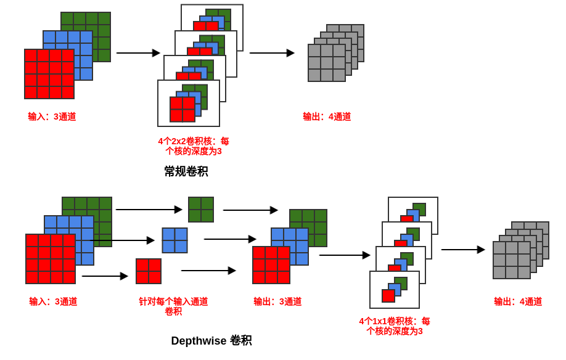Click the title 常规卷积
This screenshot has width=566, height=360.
pyautogui.click(x=186, y=171)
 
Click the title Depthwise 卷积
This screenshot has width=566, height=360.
pyautogui.click(x=211, y=341)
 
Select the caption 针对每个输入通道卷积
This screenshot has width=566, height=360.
pyautogui.click(x=173, y=306)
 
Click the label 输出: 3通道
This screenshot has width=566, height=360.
pyautogui.click(x=277, y=301)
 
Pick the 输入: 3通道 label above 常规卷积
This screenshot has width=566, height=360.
pyautogui.click(x=52, y=117)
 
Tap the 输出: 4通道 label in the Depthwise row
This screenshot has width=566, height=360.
pyautogui.click(x=518, y=301)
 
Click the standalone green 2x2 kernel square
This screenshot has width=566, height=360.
pyautogui.click(x=201, y=210)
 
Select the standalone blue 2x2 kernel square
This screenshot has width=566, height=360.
pyautogui.click(x=174, y=240)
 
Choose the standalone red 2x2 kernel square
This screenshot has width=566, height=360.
pyautogui.click(x=149, y=271)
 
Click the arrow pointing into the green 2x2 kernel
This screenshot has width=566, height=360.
pyautogui.click(x=149, y=210)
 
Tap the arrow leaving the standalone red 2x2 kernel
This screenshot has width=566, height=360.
pyautogui.click(x=208, y=271)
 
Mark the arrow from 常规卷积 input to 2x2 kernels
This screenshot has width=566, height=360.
pyautogui.click(x=137, y=53)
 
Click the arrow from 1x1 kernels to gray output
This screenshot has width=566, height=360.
pyautogui.click(x=462, y=250)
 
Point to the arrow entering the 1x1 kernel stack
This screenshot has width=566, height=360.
pyautogui.click(x=344, y=255)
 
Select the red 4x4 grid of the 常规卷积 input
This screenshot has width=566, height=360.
pyautogui.click(x=49, y=74)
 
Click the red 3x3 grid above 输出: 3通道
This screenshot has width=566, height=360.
pyautogui.click(x=271, y=265)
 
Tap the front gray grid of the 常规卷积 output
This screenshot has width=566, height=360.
pyautogui.click(x=327, y=63)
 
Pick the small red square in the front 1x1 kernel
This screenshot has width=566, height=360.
pyautogui.click(x=388, y=296)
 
